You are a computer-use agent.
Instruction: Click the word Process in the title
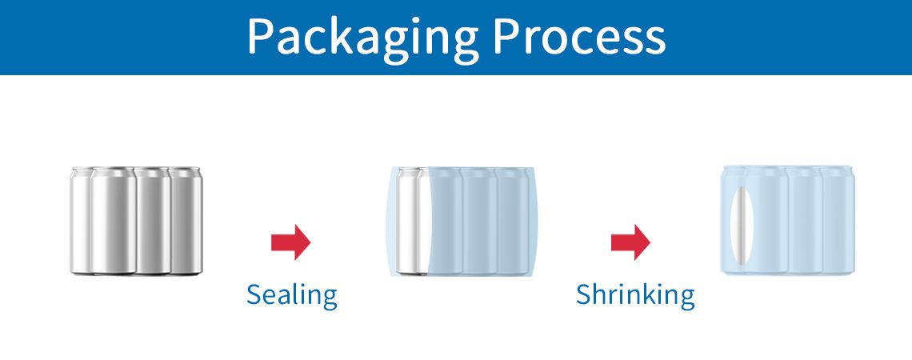pyautogui.click(x=579, y=36)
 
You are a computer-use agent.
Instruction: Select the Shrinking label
pyautogui.click(x=635, y=296)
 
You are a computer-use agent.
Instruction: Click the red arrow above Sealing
pyautogui.click(x=291, y=242)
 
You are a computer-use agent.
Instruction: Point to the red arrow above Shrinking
pyautogui.click(x=630, y=242)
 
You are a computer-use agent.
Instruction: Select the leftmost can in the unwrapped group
pyautogui.click(x=82, y=221)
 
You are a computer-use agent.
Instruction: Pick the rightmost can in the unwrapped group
pyautogui.click(x=186, y=221)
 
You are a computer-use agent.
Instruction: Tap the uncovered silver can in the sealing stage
pyautogui.click(x=413, y=221)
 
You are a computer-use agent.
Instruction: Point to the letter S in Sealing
pyautogui.click(x=254, y=295)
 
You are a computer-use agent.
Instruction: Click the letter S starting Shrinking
pyautogui.click(x=584, y=294)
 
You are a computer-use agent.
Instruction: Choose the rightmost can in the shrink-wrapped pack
pyautogui.click(x=838, y=220)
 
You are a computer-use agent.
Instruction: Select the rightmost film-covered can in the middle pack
pyautogui.click(x=514, y=221)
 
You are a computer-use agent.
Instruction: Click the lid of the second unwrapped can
pyautogui.click(x=114, y=171)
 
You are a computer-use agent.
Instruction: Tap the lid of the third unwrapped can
pyautogui.click(x=152, y=171)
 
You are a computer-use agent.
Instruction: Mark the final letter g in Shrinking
pyautogui.click(x=686, y=298)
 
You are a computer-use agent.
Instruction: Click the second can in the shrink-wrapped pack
pyautogui.click(x=766, y=221)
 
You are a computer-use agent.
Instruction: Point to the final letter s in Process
pyautogui.click(x=656, y=42)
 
